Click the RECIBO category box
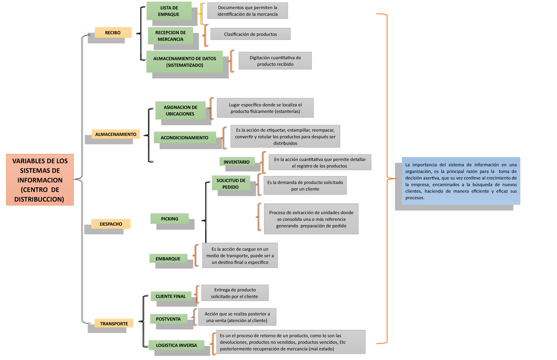pyautogui.click(x=113, y=32)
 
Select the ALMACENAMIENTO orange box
pyautogui.click(x=116, y=134)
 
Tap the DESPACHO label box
pyautogui.click(x=110, y=224)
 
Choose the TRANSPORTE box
pyautogui.click(x=114, y=323)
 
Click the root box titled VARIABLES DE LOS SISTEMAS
pyautogui.click(x=40, y=180)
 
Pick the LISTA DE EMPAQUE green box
pyautogui.click(x=169, y=11)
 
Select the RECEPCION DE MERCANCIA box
pyautogui.click(x=170, y=36)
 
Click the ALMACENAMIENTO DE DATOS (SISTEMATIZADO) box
pyautogui.click(x=184, y=62)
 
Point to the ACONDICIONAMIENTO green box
pyautogui.click(x=184, y=138)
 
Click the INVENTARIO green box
pyautogui.click(x=237, y=161)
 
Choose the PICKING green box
pyautogui.click(x=169, y=219)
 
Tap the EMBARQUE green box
pyautogui.click(x=168, y=258)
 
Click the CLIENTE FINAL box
pyautogui.click(x=170, y=296)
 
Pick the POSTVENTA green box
pyautogui.click(x=168, y=319)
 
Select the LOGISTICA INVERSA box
pyautogui.click(x=176, y=345)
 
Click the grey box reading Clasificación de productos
pyautogui.click(x=250, y=34)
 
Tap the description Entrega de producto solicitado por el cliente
pyautogui.click(x=234, y=293)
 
